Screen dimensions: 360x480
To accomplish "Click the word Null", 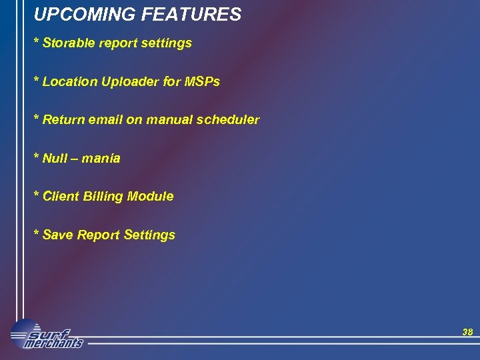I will (x=54, y=158).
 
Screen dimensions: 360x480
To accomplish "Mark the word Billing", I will (x=102, y=197).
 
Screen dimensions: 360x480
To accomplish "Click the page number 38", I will (x=467, y=332).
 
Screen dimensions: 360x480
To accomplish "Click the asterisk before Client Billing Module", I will (x=37, y=195).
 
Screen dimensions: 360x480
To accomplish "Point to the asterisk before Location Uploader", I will (x=37, y=81).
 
